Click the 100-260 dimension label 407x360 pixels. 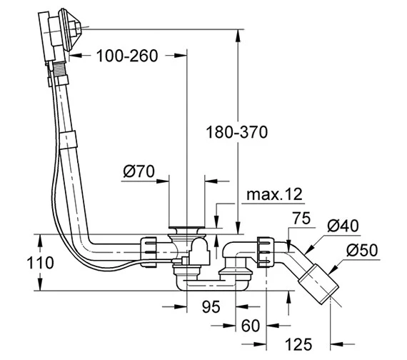pos(127,56)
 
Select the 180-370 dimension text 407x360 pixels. pos(236,132)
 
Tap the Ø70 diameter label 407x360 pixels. pos(139,171)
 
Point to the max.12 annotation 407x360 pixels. pos(274,194)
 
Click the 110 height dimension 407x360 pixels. pos(40,263)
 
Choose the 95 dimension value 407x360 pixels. pos(211,306)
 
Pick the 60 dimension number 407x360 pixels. pos(251,326)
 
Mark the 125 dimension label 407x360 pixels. pos(298,345)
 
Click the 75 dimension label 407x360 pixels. pos(301,218)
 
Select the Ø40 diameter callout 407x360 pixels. pos(343,226)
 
